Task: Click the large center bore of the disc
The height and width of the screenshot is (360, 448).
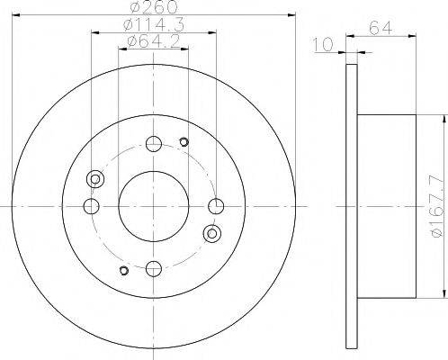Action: point(152,206)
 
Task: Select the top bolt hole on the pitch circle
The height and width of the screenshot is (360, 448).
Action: point(152,144)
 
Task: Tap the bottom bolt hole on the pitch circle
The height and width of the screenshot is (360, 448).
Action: point(152,267)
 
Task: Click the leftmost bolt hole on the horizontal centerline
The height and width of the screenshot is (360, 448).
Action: point(90,206)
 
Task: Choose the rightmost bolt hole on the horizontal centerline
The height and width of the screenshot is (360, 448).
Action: point(214,206)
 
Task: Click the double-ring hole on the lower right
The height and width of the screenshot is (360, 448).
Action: point(212,234)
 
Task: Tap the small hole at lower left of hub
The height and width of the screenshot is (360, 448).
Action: point(122,271)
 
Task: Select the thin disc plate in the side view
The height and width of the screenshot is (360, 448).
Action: point(351,206)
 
